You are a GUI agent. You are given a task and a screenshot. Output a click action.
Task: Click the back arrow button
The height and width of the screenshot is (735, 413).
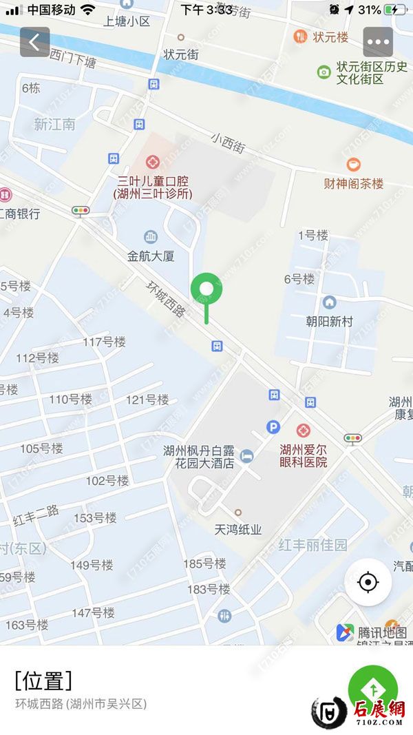(34, 42)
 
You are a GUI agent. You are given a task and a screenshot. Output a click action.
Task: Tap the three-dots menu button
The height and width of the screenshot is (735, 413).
(378, 42)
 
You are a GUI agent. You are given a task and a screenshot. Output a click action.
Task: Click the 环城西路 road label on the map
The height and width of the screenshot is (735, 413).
(167, 298)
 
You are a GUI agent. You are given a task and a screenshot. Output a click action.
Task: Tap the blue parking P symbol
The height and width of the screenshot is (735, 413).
(273, 428)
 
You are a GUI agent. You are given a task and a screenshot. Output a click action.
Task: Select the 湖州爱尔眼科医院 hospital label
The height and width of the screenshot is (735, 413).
(304, 455)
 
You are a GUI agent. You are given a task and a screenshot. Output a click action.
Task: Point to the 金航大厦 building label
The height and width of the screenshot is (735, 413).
(151, 256)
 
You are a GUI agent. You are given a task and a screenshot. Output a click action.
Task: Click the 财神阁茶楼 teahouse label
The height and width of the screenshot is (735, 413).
(354, 184)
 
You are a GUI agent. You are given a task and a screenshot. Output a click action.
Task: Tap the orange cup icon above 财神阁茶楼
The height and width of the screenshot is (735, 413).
(353, 164)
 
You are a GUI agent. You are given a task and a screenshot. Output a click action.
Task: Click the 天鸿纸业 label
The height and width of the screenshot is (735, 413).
(238, 529)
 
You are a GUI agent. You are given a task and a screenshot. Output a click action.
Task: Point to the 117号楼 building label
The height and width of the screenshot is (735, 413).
(104, 342)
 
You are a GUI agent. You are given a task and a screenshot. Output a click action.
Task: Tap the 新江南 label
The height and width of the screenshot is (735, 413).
(55, 125)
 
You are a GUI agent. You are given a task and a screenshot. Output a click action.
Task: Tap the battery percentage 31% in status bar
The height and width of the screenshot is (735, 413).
(370, 10)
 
